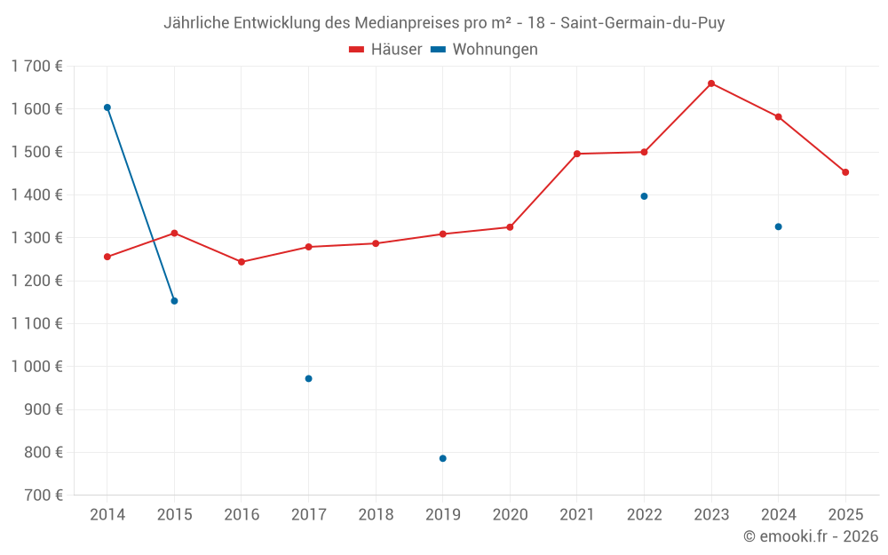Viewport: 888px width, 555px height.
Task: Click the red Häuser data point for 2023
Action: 711,83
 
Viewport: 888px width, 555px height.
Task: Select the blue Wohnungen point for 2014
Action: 107,107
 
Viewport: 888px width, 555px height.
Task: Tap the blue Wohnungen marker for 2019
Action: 443,458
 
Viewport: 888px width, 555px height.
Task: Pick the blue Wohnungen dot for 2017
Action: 308,378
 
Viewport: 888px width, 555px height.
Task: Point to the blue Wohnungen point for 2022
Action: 644,196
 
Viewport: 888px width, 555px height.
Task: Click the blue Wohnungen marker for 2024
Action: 778,226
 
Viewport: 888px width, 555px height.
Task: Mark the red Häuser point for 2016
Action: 242,262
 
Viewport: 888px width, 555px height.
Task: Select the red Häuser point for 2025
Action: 845,172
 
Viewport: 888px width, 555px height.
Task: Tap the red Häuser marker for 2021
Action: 577,154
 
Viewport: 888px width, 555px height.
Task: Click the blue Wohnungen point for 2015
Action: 174,301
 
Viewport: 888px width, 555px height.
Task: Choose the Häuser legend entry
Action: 385,50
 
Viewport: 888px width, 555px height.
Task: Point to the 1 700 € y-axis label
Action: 36,66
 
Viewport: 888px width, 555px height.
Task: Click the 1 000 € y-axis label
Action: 36,367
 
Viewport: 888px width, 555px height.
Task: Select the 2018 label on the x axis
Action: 376,515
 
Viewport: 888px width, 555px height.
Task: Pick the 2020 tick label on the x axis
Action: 510,515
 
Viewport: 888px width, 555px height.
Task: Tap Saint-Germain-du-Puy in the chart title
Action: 643,23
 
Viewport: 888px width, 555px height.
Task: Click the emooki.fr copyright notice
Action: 810,536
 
